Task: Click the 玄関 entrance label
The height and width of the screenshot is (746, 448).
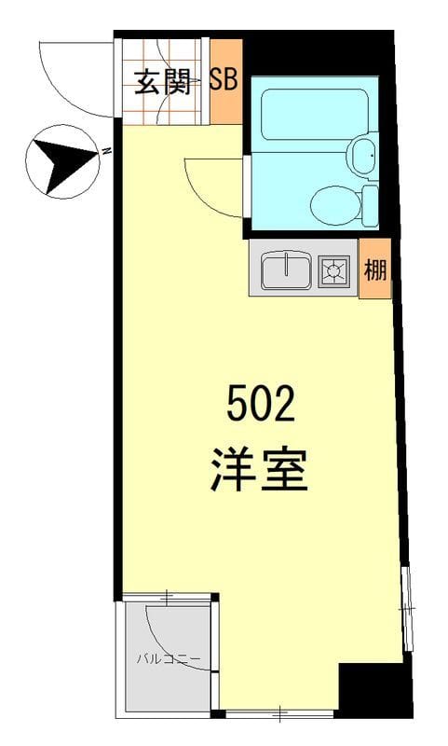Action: [162, 83]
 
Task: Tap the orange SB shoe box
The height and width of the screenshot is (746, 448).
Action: [224, 81]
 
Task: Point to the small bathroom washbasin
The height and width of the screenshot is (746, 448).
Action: [363, 157]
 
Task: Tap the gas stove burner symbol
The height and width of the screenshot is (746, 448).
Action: [334, 270]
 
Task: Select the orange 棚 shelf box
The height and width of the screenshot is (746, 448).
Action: [374, 270]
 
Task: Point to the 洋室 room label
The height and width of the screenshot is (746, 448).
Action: [260, 471]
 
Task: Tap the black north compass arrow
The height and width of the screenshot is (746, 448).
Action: [61, 162]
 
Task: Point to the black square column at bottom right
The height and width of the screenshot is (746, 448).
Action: [373, 690]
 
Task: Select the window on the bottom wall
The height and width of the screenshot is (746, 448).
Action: [279, 714]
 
